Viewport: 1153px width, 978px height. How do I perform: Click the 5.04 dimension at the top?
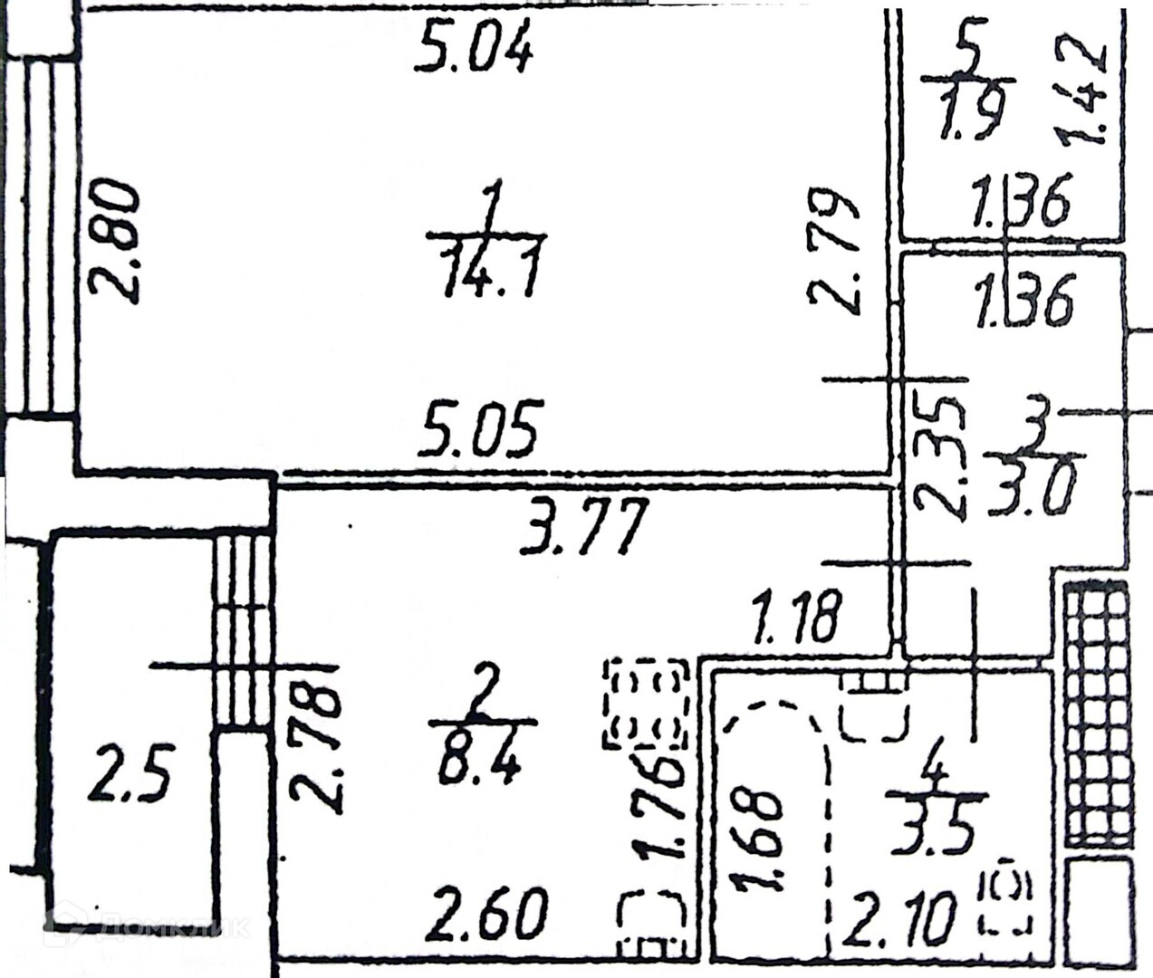point(474,51)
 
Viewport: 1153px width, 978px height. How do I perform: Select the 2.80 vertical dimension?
point(115,242)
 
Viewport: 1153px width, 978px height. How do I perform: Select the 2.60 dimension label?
point(489,915)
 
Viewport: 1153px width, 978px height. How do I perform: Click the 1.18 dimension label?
point(797,616)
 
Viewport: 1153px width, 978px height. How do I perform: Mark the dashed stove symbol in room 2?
point(646,704)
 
